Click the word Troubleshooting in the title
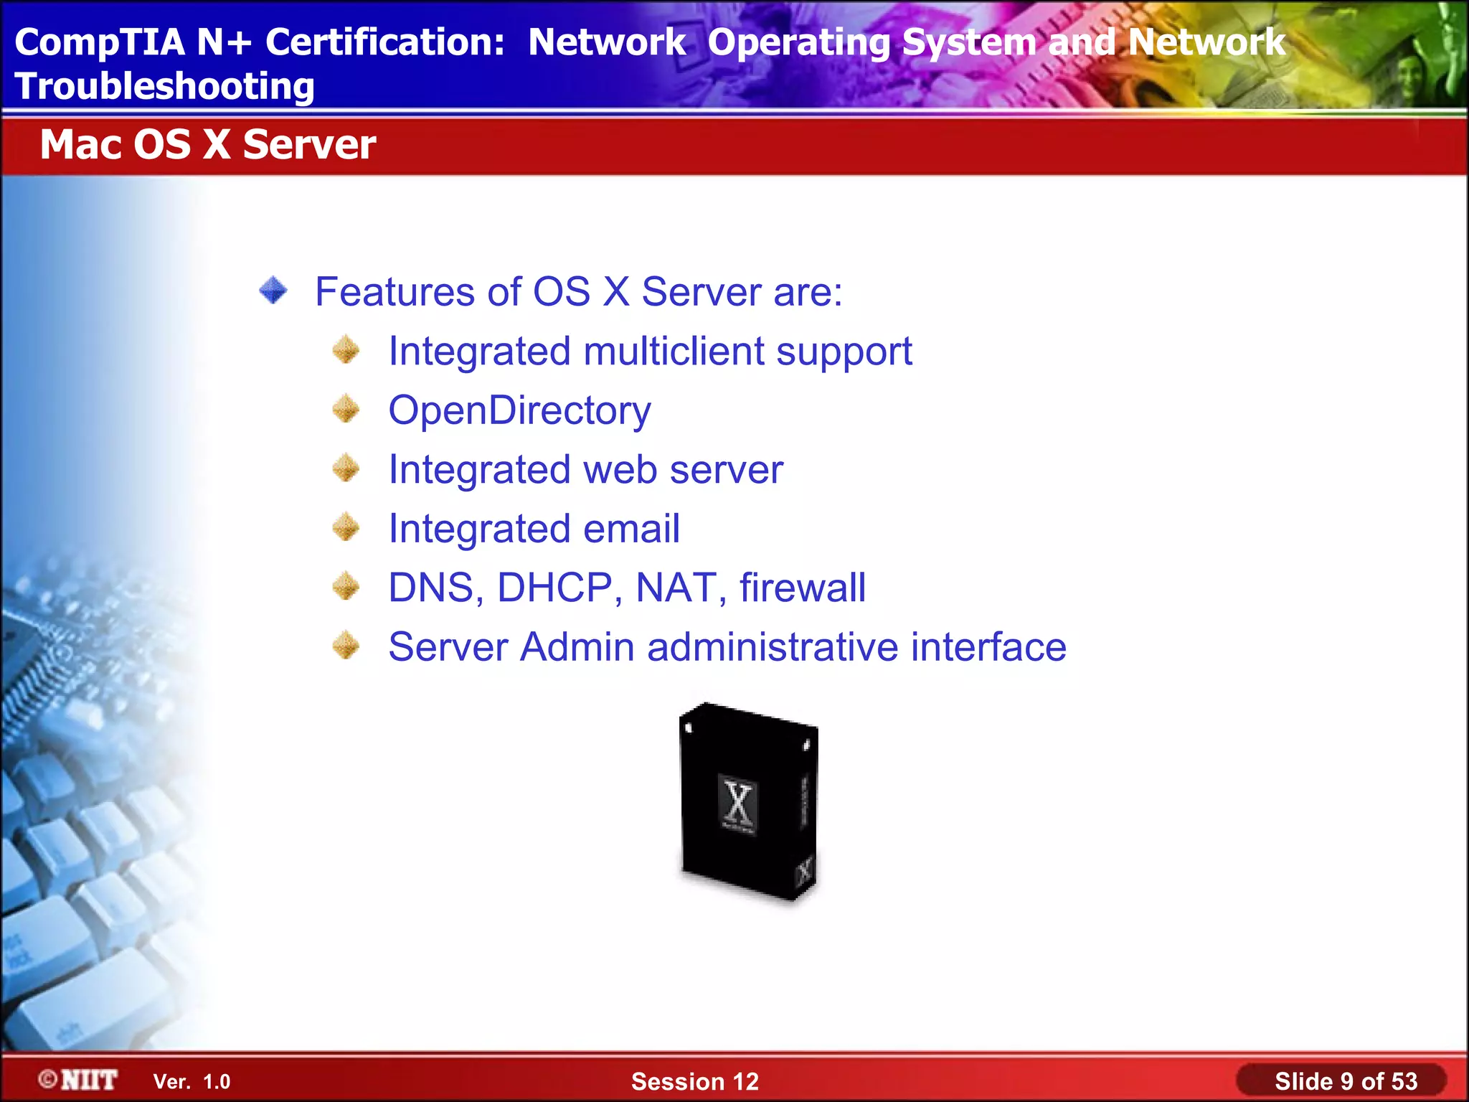(164, 87)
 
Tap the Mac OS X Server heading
(207, 144)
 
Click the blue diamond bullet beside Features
(273, 291)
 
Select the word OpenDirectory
(519, 411)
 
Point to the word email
(631, 529)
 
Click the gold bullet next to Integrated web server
(346, 469)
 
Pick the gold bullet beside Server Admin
(346, 646)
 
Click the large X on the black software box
(738, 801)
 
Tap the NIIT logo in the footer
(79, 1080)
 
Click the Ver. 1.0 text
(192, 1082)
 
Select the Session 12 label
(694, 1082)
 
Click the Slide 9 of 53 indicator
(1345, 1081)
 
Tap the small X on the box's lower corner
(804, 871)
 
